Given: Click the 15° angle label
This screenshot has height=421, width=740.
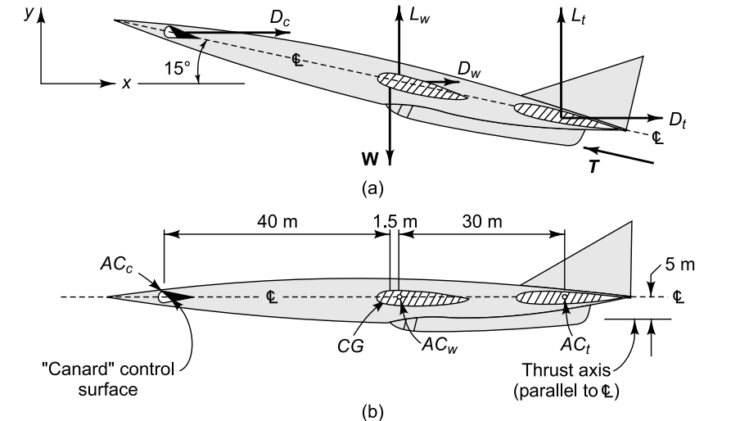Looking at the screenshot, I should coord(177,70).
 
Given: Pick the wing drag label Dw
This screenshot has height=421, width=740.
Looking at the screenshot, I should coord(469,73).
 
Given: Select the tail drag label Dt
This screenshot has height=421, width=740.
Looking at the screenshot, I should coord(677,120).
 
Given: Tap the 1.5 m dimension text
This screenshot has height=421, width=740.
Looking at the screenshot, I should coord(395,221).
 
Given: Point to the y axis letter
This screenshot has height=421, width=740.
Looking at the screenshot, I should coord(29,15).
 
